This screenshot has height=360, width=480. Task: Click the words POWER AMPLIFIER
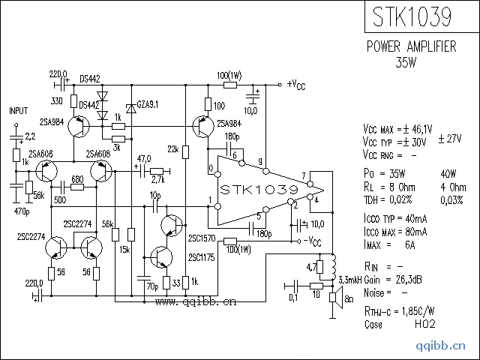coord(411,46)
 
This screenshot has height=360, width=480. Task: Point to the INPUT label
coord(18,111)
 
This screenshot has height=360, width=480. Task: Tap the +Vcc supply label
coord(296,83)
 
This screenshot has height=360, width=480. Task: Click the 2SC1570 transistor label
coord(202,238)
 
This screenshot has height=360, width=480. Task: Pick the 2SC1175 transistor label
coord(202,257)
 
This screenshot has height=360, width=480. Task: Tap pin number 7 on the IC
coord(304,177)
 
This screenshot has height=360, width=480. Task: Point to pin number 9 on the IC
coord(259,162)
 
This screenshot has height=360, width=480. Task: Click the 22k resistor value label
coord(173,150)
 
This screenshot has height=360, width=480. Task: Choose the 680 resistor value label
coord(76,179)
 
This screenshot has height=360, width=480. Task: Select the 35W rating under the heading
coord(411,61)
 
